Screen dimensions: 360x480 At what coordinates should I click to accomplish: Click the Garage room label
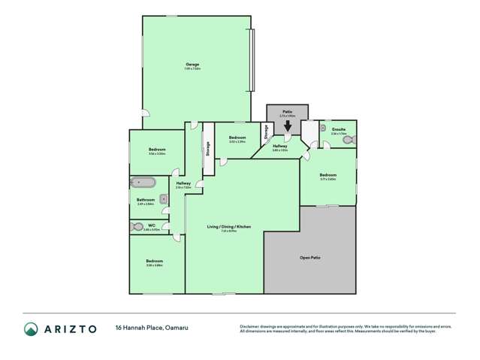point(193,65)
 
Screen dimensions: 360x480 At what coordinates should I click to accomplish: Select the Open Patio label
point(310,258)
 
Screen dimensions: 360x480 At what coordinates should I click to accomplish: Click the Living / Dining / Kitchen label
point(229,227)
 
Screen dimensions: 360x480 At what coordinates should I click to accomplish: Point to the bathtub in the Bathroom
point(143,183)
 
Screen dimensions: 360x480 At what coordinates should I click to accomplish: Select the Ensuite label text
point(339,129)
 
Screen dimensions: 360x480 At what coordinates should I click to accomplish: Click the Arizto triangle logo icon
point(32,328)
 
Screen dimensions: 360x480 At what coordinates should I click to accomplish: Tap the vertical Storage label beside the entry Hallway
point(265,133)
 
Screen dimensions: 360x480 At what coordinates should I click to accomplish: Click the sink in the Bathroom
point(162,198)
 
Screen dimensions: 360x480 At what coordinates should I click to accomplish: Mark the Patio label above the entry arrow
point(287,110)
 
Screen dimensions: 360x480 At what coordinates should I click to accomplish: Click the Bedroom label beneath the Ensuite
point(328,175)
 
